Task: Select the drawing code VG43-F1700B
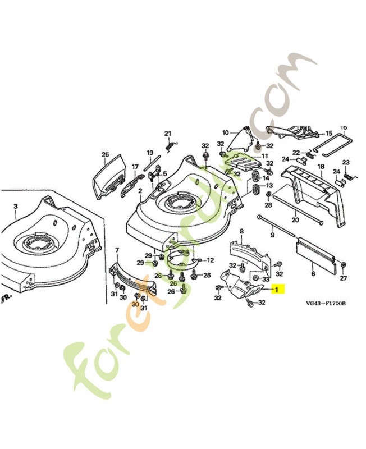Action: point(325,304)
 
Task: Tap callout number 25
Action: point(104,154)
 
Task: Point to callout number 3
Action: point(16,206)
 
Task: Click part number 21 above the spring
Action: point(167,133)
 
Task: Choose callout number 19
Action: point(150,153)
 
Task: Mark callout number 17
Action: point(135,167)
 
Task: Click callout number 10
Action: point(226,133)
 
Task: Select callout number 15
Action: point(329,134)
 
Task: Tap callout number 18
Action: point(321,167)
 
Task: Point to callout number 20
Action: point(295,219)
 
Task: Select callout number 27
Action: point(344,278)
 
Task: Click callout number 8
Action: point(241,231)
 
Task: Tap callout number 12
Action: point(211,260)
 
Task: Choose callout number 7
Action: point(117,249)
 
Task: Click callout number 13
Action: point(269,186)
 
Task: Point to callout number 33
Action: point(266,278)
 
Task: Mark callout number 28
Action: point(268,205)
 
